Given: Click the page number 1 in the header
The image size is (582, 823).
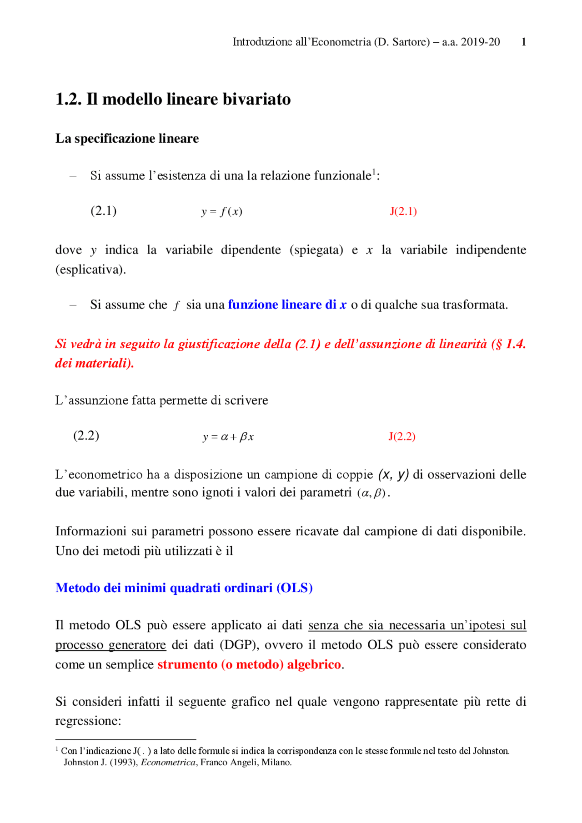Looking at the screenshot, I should pos(524,42).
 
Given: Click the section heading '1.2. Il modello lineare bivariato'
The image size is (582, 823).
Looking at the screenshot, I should pos(173,99).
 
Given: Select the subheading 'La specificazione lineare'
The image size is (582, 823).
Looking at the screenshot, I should pos(127,138).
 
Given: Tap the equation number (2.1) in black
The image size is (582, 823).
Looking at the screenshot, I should pos(104,211).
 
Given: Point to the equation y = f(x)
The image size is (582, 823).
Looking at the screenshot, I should pos(222,212).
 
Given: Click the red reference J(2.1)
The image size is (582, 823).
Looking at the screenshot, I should pos(403,211).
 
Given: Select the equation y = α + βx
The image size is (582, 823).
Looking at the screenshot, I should pos(228,437).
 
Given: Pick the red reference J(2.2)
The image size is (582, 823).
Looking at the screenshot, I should pos(402,437).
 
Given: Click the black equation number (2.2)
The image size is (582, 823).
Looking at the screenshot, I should pos(86,436).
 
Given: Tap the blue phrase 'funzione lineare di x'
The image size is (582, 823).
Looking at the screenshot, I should pos(287,304).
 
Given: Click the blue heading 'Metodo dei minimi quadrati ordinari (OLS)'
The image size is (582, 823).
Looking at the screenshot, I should pos(184,588).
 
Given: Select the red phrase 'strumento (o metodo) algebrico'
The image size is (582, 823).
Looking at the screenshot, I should pos(249,664).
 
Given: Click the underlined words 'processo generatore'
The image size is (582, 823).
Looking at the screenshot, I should pos(110,645).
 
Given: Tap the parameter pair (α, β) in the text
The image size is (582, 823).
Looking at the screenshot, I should pos(371,493).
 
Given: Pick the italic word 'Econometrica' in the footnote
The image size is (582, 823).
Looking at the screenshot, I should pos(168,763).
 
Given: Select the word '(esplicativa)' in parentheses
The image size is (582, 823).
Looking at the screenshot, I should pos(90,269).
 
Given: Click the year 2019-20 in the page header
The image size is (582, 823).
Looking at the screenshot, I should pos(480,42).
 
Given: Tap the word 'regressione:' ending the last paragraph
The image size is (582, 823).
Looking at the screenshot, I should pos(88,721).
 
